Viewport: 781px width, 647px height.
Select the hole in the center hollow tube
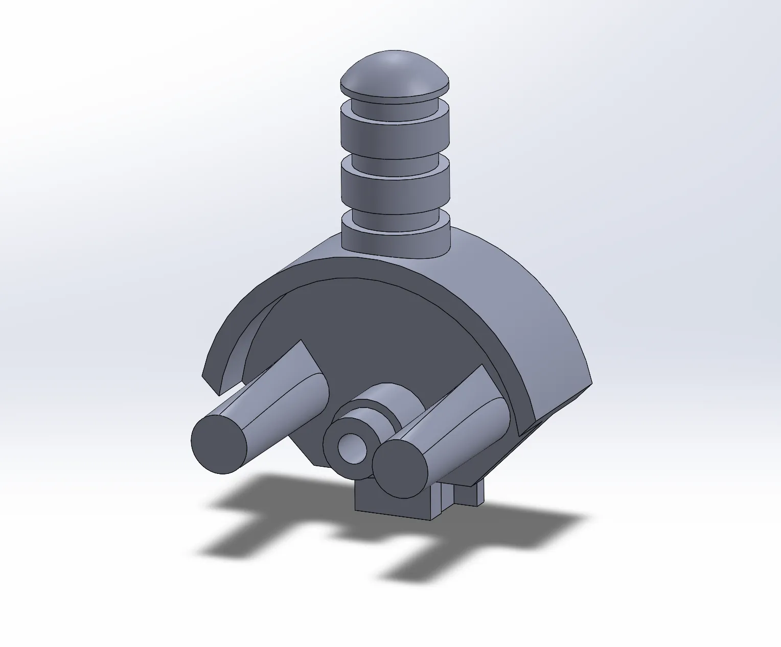353,448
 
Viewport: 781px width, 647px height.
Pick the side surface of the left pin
276,403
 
